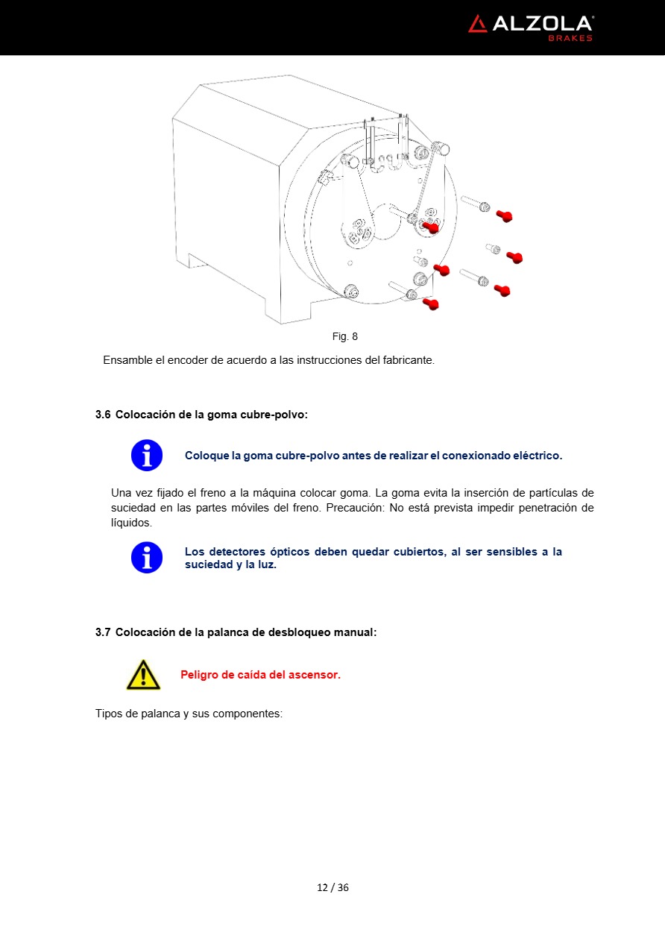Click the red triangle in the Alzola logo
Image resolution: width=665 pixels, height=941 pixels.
(x=477, y=25)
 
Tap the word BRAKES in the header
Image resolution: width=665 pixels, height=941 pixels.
(x=570, y=38)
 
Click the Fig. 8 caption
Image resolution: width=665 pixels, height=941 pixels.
(x=344, y=337)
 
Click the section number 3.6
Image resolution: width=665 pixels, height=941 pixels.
(x=103, y=415)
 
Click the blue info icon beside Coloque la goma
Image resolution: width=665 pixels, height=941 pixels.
(x=147, y=455)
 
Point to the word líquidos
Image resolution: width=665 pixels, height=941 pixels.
(x=131, y=523)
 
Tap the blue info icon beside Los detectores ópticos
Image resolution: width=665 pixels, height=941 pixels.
(x=147, y=557)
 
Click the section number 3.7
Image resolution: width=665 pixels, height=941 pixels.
(x=103, y=632)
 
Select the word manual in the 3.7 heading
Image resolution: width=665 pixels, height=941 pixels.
(x=355, y=632)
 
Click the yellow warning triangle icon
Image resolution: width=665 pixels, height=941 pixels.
(x=143, y=675)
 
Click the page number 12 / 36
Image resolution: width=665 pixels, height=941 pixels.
(x=332, y=887)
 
